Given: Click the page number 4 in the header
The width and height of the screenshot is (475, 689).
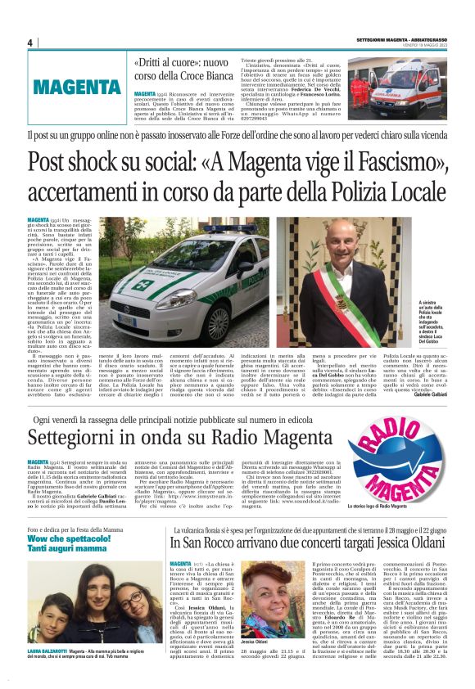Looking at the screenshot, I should pyautogui.click(x=30, y=43).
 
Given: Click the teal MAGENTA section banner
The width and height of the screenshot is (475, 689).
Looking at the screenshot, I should pyautogui.click(x=78, y=86).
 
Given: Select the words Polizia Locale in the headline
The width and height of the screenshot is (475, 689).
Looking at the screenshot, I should pyautogui.click(x=382, y=192).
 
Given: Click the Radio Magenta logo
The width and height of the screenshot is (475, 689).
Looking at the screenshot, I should pyautogui.click(x=398, y=467).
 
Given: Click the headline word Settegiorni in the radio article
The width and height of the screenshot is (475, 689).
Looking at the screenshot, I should pyautogui.click(x=77, y=438).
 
